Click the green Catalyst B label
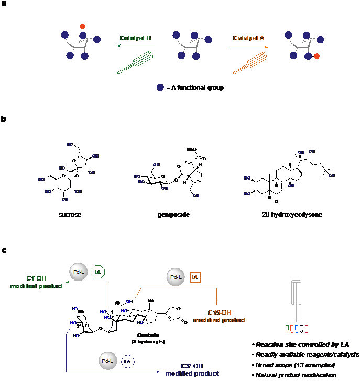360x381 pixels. (135, 38)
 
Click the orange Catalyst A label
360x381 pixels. (248, 38)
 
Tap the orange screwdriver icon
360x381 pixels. (249, 62)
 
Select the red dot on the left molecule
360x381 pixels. (82, 26)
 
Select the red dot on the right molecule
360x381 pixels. (317, 56)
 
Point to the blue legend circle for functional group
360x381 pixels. (160, 87)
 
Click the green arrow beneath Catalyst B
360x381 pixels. (135, 46)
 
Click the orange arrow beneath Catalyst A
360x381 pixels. (248, 47)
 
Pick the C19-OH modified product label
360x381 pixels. (220, 316)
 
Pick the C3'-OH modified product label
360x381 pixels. (192, 369)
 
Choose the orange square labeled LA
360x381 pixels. (195, 277)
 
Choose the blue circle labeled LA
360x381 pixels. (128, 361)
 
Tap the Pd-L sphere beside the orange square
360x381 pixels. (175, 277)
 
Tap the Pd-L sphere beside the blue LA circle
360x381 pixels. (107, 361)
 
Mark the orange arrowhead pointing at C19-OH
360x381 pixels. (217, 301)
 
